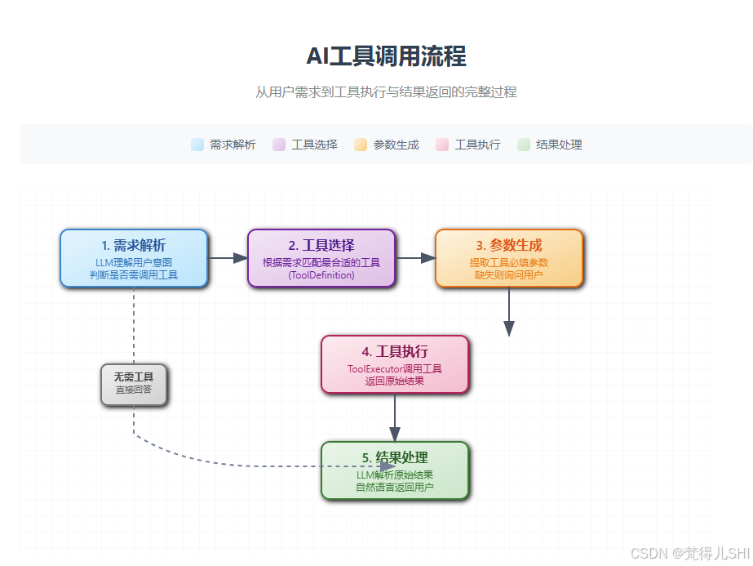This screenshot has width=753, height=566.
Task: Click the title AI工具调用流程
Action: coord(386,56)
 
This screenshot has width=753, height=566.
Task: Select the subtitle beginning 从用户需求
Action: coord(386,92)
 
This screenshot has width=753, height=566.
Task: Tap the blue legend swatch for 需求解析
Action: coord(197,145)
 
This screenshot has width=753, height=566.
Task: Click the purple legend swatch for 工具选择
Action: coord(279,145)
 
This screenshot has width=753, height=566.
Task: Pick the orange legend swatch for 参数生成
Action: coord(361,145)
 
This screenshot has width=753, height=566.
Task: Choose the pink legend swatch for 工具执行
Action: coord(442,145)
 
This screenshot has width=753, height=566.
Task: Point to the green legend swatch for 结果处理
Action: coord(524,145)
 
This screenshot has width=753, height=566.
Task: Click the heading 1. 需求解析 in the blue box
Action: coord(134,245)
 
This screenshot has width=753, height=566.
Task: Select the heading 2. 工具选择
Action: coord(321,245)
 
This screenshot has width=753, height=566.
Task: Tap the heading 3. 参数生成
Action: coord(509,245)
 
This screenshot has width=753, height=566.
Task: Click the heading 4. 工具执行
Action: coord(395,352)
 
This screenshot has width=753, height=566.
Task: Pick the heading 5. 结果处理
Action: coord(395,457)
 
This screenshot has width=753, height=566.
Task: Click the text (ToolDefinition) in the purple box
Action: coord(321,275)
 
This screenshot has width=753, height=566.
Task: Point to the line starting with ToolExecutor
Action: coord(395,369)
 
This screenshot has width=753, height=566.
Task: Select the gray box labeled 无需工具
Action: coord(134,384)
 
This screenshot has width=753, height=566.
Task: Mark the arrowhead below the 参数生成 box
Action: coord(509,328)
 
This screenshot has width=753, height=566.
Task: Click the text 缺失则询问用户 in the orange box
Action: coord(509,275)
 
